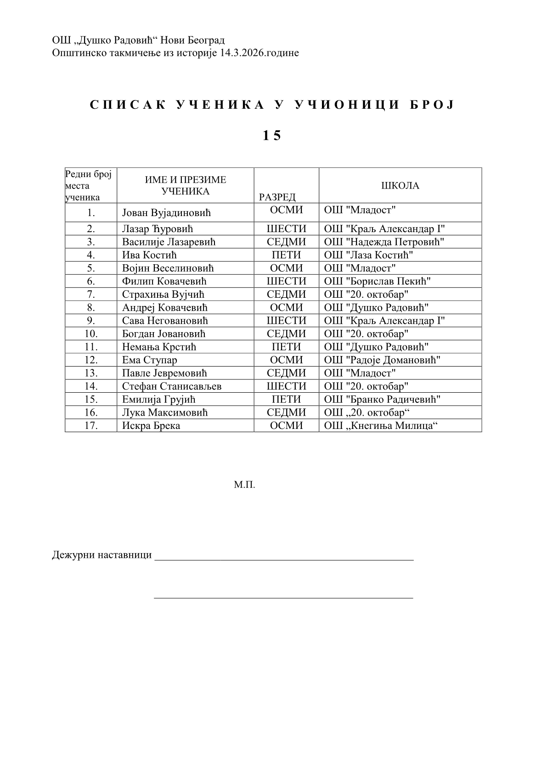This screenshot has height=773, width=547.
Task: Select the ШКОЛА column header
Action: (400, 186)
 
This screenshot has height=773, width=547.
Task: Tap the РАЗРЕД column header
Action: (277, 197)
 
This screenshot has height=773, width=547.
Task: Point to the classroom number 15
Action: (271, 136)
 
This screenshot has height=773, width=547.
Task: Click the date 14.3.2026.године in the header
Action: (259, 53)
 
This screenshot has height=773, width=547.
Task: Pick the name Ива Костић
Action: (149, 255)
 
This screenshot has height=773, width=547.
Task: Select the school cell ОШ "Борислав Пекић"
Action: (377, 281)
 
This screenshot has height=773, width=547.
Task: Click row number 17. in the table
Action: (91, 426)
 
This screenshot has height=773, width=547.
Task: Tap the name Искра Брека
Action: (151, 426)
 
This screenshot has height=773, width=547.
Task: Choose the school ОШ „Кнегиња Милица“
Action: (381, 426)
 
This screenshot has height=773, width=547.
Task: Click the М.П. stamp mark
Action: (244, 484)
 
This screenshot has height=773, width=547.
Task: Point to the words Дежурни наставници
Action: (102, 555)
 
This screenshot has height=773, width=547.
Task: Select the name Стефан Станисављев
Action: (172, 386)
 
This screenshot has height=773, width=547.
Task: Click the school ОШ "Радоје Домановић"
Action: (382, 360)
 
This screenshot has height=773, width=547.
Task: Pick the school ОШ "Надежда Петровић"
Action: (384, 242)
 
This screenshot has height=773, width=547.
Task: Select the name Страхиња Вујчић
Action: (163, 295)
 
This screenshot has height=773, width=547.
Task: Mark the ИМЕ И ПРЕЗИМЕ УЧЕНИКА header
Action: (185, 186)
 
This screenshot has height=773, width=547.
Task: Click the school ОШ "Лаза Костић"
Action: (368, 255)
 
